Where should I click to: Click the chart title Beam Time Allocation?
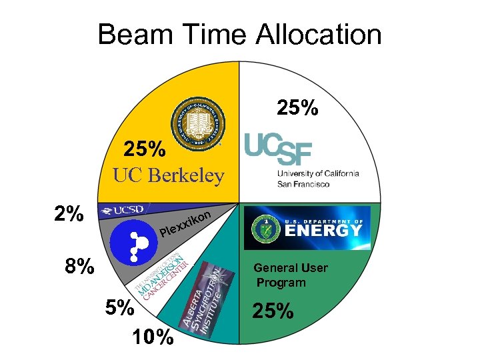pyautogui.click(x=239, y=35)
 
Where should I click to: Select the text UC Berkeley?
pyautogui.click(x=168, y=175)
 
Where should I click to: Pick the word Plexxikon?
pyautogui.click(x=186, y=225)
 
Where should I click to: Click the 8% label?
pyautogui.click(x=79, y=267)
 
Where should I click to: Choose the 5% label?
pyautogui.click(x=120, y=308)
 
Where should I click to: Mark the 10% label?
pyautogui.click(x=153, y=338)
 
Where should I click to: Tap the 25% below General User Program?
pyautogui.click(x=273, y=311)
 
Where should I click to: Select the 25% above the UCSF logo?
pyautogui.click(x=297, y=107)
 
